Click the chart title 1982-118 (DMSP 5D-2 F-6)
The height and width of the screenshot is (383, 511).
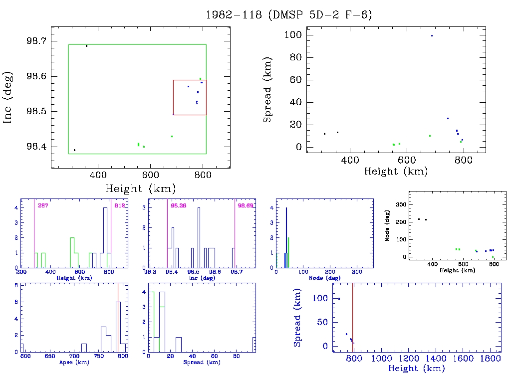click(289, 15)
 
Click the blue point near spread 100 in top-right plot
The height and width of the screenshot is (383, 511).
click(432, 35)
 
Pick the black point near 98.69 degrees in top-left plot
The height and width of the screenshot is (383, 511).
click(86, 46)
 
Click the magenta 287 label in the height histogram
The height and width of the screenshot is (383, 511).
click(42, 205)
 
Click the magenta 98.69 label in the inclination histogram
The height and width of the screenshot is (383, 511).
click(246, 205)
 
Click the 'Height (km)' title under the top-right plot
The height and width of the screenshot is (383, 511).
click(396, 171)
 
